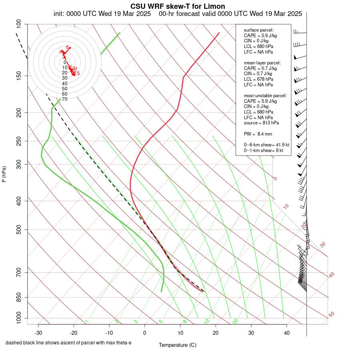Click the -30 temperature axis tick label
pyautogui.click(x=38, y=333)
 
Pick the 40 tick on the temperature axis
pyautogui.click(x=286, y=333)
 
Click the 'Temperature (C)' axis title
pyautogui.click(x=178, y=345)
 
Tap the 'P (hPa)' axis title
pyautogui.click(x=4, y=174)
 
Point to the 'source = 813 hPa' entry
pyautogui.click(x=261, y=123)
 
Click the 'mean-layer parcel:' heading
pyautogui.click(x=262, y=63)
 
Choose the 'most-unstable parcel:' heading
pyautogui.click(x=265, y=96)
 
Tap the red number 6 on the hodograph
pyautogui.click(x=67, y=47)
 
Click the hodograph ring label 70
pyautogui.click(x=64, y=99)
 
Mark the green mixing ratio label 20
pyautogui.click(x=235, y=321)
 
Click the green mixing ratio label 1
pyautogui.click(x=87, y=322)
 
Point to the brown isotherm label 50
pyautogui.click(x=331, y=315)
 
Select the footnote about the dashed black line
pyautogui.click(x=68, y=343)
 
